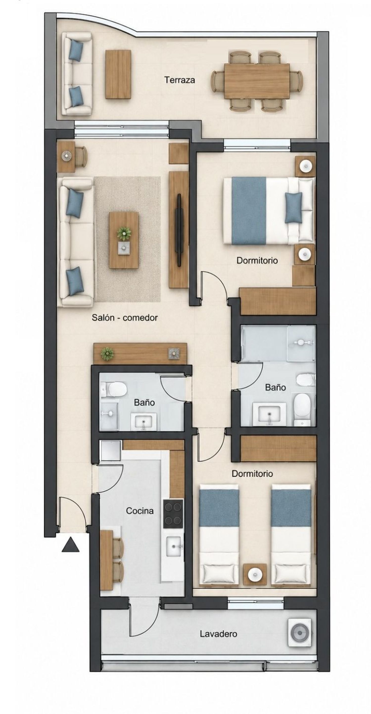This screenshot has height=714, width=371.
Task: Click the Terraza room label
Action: tap(180, 80)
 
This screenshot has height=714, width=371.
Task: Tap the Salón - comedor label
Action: tap(125, 318)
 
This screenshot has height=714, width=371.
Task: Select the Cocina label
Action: tap(140, 511)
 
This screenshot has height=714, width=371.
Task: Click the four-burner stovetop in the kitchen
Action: tap(173, 514)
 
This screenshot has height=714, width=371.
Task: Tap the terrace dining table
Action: tap(257, 81)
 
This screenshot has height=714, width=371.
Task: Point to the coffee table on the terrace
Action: tap(118, 74)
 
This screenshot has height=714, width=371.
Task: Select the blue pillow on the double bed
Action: tap(293, 208)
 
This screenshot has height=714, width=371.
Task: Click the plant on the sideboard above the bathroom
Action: tap(107, 354)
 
